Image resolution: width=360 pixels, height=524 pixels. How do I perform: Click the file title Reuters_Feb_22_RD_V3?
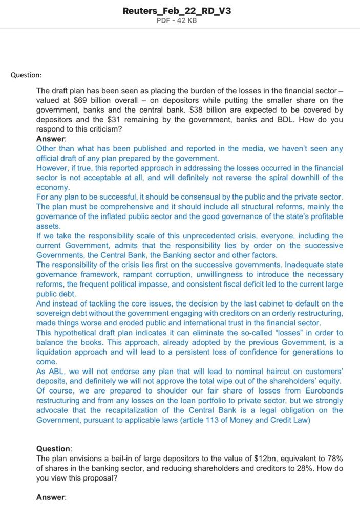coord(177,10)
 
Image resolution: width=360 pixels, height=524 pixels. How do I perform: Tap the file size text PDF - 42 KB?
coord(177,20)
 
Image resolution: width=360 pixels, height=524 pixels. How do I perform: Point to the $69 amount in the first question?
coord(80,100)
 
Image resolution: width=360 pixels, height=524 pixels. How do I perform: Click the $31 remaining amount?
coord(114,120)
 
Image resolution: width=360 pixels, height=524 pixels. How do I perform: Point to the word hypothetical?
coord(80,333)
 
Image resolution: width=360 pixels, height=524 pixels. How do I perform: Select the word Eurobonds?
coord(325,391)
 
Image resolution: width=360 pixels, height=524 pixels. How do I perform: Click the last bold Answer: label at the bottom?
coord(51,497)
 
